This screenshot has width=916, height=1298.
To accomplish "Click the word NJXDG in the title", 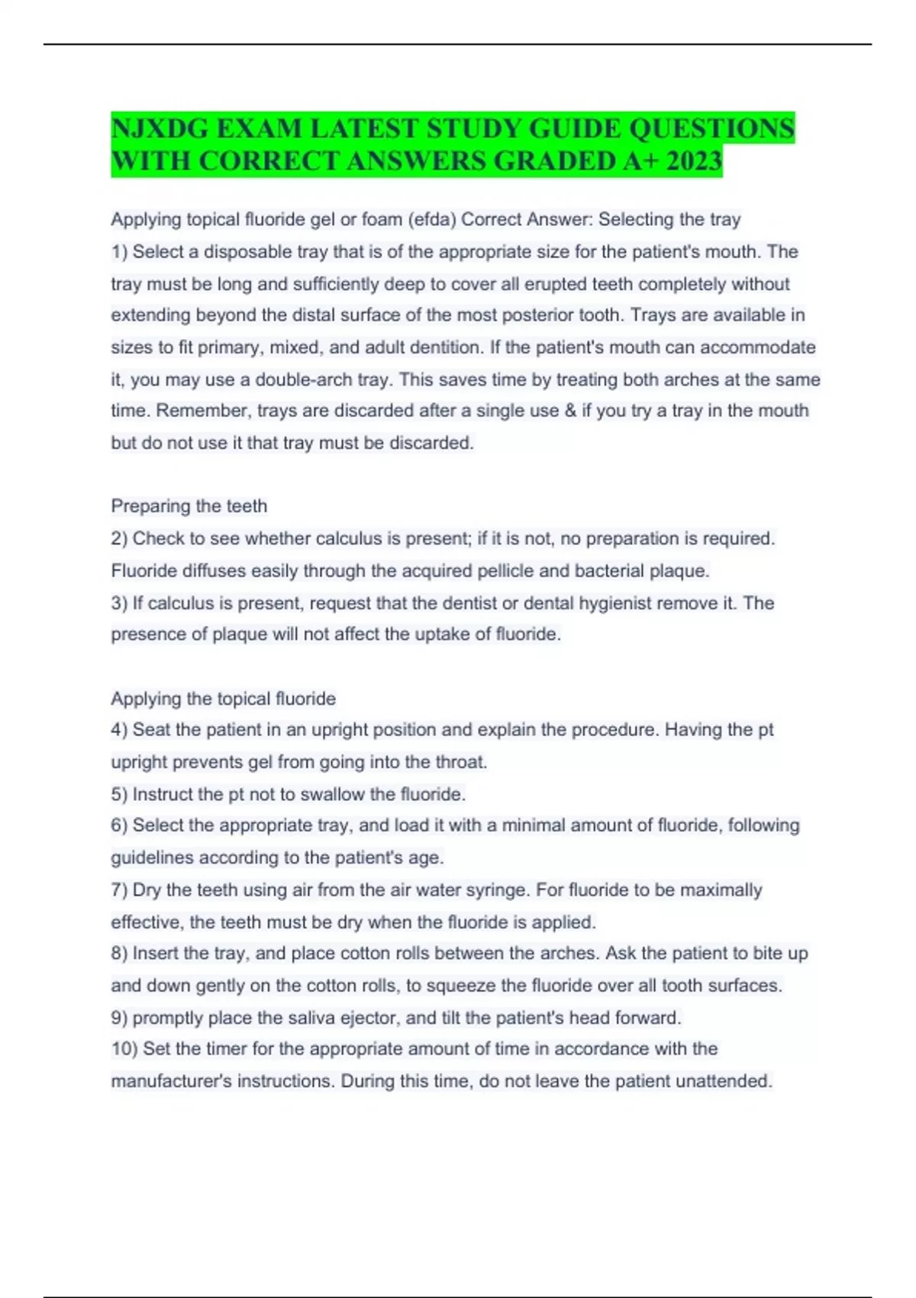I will coord(160,128).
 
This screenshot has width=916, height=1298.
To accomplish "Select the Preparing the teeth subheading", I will coord(189,506).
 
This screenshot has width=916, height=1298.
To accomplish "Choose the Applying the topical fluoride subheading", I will coord(224,699).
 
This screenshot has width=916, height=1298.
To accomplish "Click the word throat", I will coord(461,762).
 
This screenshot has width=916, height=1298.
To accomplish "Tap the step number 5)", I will coord(119,794).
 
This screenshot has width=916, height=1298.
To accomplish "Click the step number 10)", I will coord(124,1049).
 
